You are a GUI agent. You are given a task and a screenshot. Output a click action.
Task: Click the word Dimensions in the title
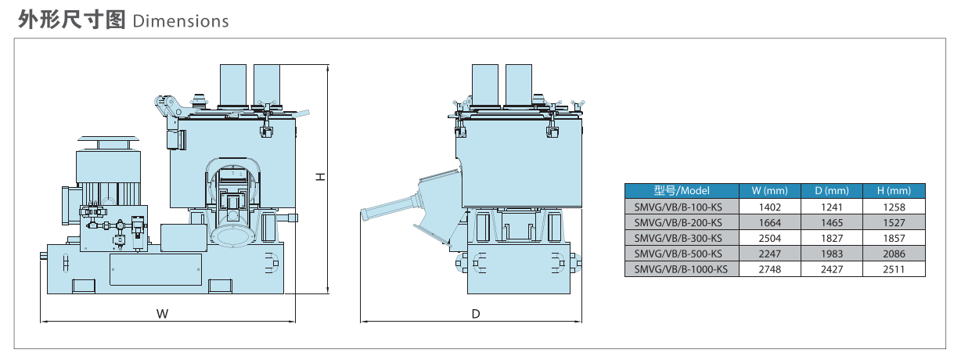click(x=181, y=20)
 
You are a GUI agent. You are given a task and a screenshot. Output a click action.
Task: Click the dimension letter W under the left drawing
click(x=162, y=314)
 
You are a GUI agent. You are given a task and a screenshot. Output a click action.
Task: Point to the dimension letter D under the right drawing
click(x=475, y=314)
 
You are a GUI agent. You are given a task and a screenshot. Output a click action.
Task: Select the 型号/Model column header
click(x=681, y=191)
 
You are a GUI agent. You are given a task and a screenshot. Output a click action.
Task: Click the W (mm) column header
click(x=769, y=191)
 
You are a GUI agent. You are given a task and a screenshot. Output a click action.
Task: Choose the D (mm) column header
click(x=831, y=191)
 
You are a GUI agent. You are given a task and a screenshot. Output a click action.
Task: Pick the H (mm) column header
click(x=894, y=191)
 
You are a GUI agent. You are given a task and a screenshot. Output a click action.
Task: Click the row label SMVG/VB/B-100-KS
click(x=678, y=207)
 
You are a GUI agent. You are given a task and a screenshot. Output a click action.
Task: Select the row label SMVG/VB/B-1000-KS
click(x=681, y=269)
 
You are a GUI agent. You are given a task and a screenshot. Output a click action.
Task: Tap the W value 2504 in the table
click(x=770, y=238)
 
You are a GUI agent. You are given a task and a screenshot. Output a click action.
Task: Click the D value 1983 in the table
click(x=831, y=254)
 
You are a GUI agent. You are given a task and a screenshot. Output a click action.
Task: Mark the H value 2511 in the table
click(x=894, y=269)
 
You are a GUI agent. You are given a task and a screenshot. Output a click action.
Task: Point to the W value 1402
click(x=770, y=207)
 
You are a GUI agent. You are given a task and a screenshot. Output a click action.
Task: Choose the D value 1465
click(x=831, y=223)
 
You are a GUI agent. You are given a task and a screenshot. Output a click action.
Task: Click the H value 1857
click(x=894, y=238)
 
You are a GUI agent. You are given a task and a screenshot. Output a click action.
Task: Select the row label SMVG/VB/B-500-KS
click(x=678, y=254)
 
